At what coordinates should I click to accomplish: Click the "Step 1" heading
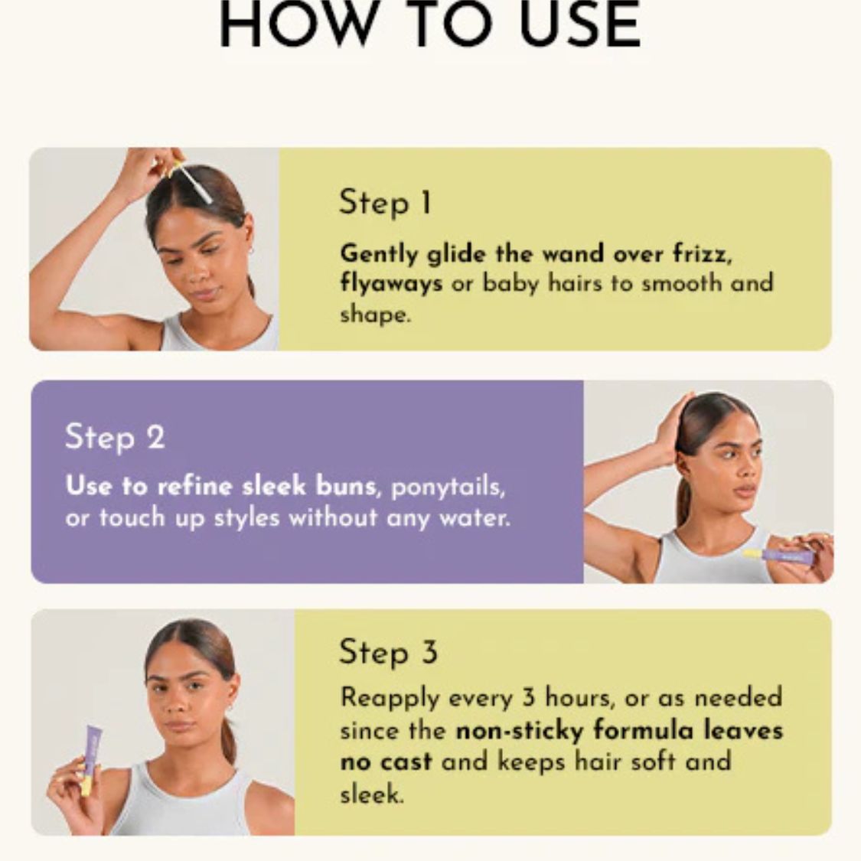point(385,204)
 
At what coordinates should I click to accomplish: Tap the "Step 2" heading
point(115,437)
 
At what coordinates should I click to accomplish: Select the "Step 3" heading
point(388,652)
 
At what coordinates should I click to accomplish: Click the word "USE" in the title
point(579,26)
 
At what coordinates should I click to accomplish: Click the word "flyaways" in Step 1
point(391,284)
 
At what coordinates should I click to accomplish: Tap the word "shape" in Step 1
point(373,315)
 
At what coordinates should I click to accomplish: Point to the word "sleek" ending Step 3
point(370,794)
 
